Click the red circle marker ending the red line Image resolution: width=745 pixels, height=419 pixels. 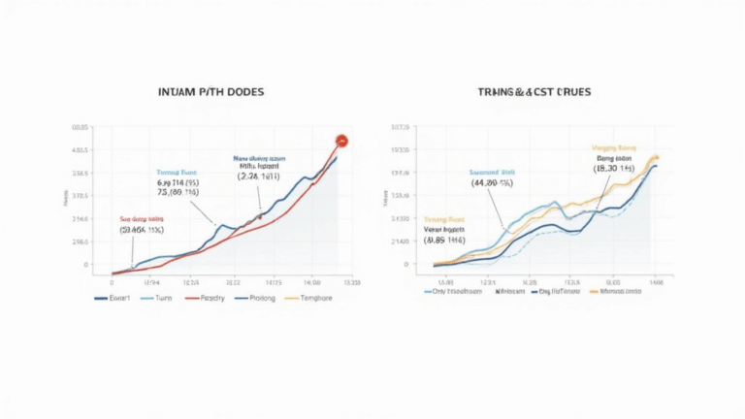pos(341,142)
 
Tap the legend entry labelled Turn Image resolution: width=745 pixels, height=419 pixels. pos(161,298)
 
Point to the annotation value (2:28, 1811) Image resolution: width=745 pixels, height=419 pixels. pos(257,177)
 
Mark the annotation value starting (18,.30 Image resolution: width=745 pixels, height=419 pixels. pos(612,168)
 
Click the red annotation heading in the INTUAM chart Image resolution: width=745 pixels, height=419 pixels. pos(142,220)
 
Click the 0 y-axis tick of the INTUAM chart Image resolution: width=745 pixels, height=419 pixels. pos(86,264)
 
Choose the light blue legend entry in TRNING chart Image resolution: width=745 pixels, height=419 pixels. pos(454,289)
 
